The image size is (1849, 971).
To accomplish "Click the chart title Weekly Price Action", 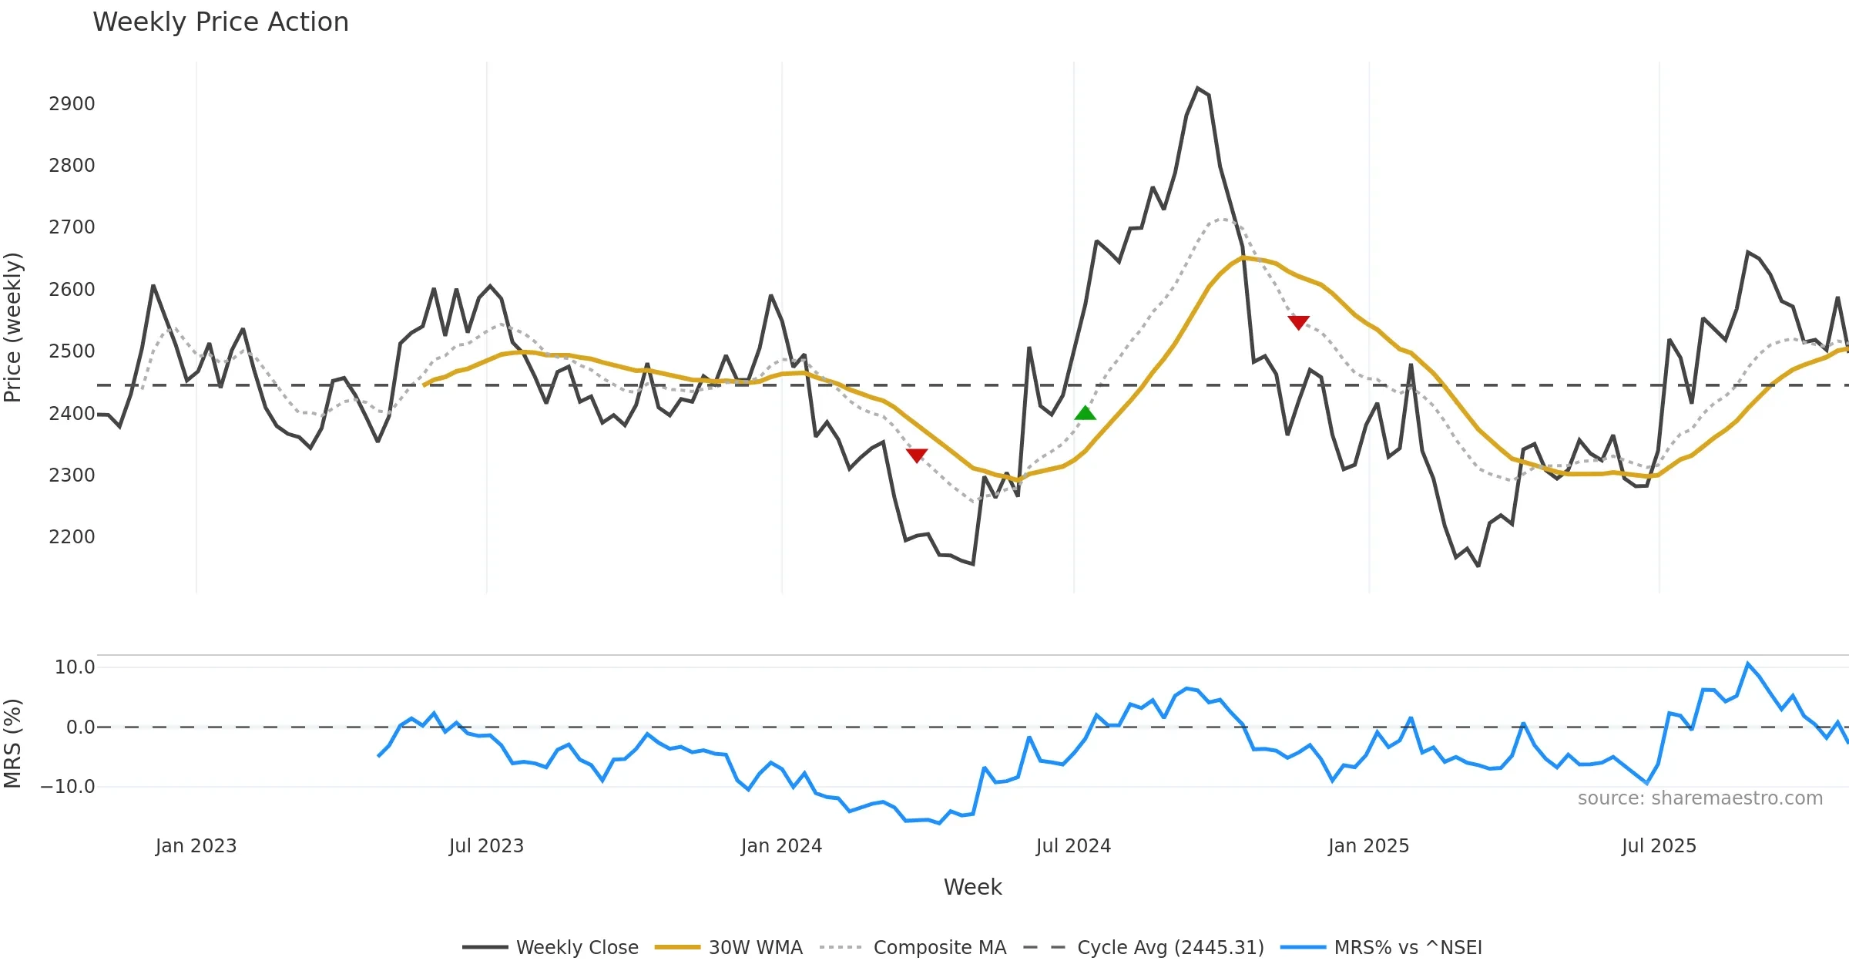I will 220,22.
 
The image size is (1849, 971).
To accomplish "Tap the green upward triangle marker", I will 1085,414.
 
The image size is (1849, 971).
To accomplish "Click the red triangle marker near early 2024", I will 917,455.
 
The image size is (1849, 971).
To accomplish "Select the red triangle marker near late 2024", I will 1298,321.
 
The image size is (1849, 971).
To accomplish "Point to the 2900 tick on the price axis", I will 72,104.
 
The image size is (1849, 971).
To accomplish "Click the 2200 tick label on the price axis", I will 72,537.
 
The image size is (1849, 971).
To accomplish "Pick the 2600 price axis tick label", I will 72,290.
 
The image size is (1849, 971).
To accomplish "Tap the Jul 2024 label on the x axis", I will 1073,846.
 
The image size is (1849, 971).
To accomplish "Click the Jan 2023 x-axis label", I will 196,846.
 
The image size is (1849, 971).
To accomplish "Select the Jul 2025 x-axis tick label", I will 1659,846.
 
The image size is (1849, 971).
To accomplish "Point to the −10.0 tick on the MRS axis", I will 68,787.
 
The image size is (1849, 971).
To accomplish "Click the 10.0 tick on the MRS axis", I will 75,667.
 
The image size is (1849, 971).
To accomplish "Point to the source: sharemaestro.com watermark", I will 1700,798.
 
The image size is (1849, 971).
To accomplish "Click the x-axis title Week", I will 972,887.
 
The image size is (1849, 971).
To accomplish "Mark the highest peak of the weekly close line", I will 1198,89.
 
